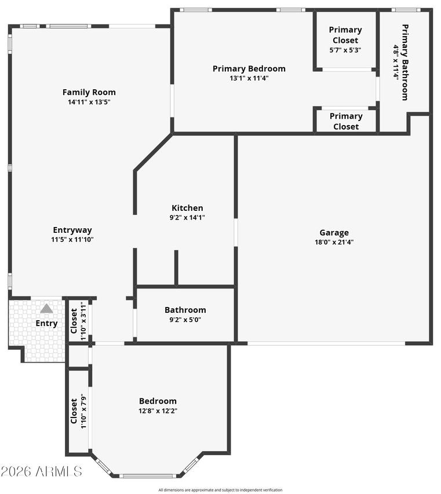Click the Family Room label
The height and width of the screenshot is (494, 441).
point(89,92)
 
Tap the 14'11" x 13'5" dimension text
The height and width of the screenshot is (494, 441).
point(89,103)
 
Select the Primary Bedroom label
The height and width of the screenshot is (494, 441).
point(249,69)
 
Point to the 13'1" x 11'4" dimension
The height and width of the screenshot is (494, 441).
point(249,79)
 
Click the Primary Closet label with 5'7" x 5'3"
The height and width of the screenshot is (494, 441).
point(345,35)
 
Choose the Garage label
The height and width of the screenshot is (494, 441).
point(334,233)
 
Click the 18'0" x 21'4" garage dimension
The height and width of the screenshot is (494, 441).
point(334,243)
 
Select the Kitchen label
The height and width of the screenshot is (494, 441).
point(187,208)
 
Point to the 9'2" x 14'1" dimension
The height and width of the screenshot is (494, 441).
point(187,218)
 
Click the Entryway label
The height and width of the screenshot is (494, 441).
point(72,230)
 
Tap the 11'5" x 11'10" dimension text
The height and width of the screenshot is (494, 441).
point(72,240)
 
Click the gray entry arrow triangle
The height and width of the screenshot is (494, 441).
point(46,309)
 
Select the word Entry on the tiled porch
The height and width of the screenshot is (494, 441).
point(46,323)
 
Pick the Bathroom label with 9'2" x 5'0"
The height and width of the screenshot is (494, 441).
point(185,310)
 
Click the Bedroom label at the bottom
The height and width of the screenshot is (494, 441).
point(158,401)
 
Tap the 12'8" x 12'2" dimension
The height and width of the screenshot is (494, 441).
point(158,411)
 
